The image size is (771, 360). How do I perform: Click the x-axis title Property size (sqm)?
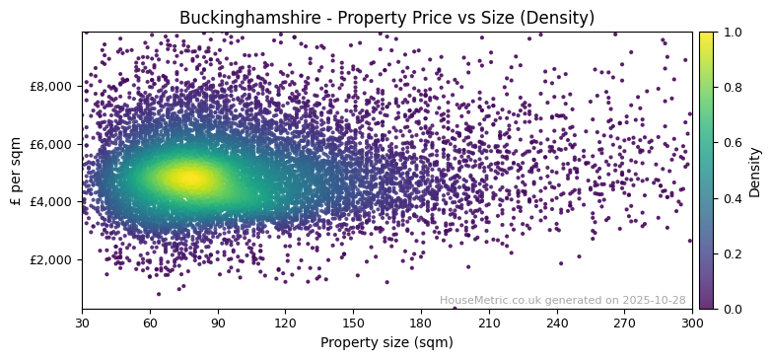tap(386, 343)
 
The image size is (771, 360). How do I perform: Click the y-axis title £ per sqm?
tap(16, 171)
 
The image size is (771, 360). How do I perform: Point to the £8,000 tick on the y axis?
tap(53, 86)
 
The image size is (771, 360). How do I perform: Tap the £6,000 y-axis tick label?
tap(53, 144)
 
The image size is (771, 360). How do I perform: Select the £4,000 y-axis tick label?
tap(53, 201)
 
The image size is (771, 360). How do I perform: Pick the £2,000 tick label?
tap(53, 259)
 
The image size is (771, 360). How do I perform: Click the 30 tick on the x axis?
tap(82, 323)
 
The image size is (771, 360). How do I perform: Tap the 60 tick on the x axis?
tap(150, 323)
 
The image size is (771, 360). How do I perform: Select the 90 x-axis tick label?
tap(218, 323)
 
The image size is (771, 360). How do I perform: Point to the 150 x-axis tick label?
tap(353, 323)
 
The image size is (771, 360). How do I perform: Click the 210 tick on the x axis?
tap(489, 323)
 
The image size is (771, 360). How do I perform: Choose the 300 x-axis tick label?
tap(692, 323)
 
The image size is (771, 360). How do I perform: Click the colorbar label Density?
tap(755, 171)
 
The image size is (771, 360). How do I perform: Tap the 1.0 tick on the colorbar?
tap(731, 32)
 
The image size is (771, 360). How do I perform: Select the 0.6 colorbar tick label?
tap(731, 143)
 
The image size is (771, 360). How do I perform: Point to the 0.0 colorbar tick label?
tap(731, 309)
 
